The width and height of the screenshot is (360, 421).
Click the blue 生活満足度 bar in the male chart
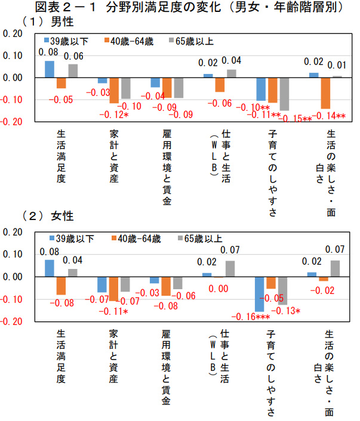(49, 69)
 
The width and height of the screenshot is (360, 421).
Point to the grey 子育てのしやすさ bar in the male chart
(284, 94)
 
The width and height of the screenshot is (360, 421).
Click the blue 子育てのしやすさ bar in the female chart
(259, 294)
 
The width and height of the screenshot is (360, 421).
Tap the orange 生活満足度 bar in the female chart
(61, 286)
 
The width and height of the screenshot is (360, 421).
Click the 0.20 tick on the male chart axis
(12, 34)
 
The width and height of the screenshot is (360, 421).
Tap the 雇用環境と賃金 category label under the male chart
(167, 167)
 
